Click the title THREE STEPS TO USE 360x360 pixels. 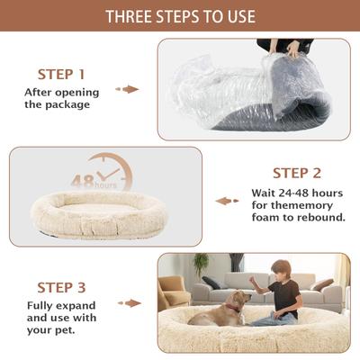[x=180, y=17]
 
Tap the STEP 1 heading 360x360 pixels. [x=61, y=74]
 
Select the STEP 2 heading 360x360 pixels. [x=296, y=172]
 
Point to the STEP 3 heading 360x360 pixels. [x=61, y=287]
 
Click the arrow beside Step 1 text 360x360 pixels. [x=130, y=89]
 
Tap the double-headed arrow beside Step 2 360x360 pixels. [x=227, y=201]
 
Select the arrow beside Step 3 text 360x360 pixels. [x=130, y=303]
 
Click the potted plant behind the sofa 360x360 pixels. [x=201, y=263]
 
